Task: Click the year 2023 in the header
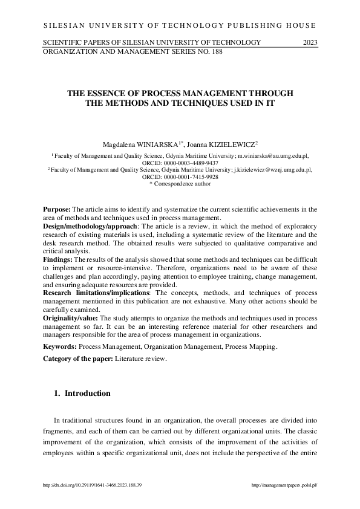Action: point(310,42)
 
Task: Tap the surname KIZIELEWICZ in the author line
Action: point(231,144)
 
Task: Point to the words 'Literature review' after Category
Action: point(140,359)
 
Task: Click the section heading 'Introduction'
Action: point(88,394)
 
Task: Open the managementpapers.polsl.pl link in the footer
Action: point(284,485)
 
